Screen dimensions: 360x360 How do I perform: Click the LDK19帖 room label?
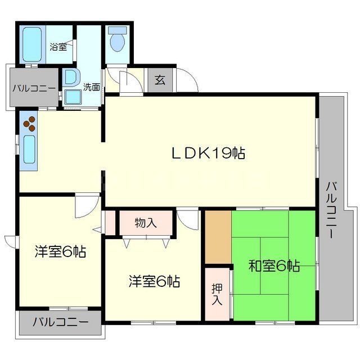(208, 153)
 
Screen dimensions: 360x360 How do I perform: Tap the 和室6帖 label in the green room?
(274, 266)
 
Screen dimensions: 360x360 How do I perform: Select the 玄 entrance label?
(160, 80)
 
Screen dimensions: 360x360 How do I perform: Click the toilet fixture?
(118, 41)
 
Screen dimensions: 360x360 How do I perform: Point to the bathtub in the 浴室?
(33, 44)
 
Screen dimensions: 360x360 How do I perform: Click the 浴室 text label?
(58, 47)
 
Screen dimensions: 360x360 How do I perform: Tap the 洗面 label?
(92, 87)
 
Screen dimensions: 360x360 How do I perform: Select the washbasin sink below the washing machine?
(72, 96)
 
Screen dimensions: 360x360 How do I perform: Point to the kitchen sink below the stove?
(29, 148)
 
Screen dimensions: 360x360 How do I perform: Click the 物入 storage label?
(146, 223)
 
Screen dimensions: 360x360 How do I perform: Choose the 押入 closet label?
(217, 294)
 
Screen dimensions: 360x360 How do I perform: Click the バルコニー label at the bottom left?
(60, 323)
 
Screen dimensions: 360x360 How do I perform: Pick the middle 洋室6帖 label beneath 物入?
(154, 281)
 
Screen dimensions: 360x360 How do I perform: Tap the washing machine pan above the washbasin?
(71, 76)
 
